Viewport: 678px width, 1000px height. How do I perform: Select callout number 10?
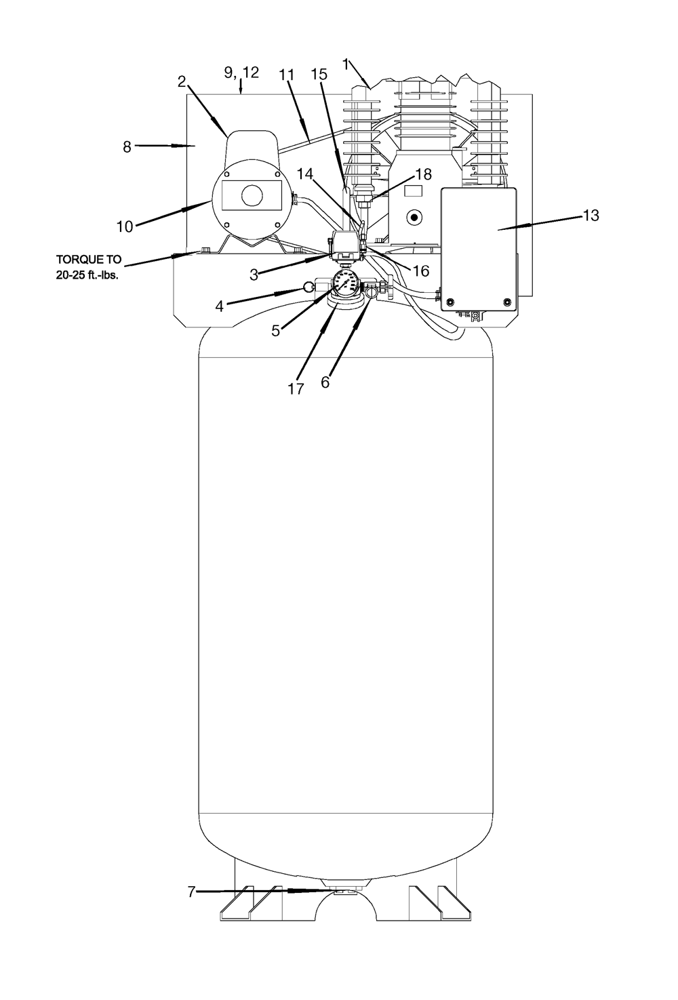pos(125,227)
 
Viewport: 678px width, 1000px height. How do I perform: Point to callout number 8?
pos(127,147)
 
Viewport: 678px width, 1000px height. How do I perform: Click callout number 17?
pos(296,389)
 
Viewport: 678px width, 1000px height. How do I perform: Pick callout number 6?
pos(325,382)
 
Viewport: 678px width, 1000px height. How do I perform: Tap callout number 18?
pos(424,174)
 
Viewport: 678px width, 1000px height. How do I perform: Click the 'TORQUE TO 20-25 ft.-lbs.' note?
pos(88,267)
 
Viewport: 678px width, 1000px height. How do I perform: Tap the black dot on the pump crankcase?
pos(415,218)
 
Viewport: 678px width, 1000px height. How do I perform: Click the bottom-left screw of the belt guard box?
pos(450,301)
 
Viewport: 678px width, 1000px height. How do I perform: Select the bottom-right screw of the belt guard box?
pos(506,301)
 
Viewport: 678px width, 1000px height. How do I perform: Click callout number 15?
pos(319,74)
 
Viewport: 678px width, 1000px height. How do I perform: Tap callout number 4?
pos(219,306)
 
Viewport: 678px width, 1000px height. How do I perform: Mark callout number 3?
pos(254,275)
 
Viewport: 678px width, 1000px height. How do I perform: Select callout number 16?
pos(421,271)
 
